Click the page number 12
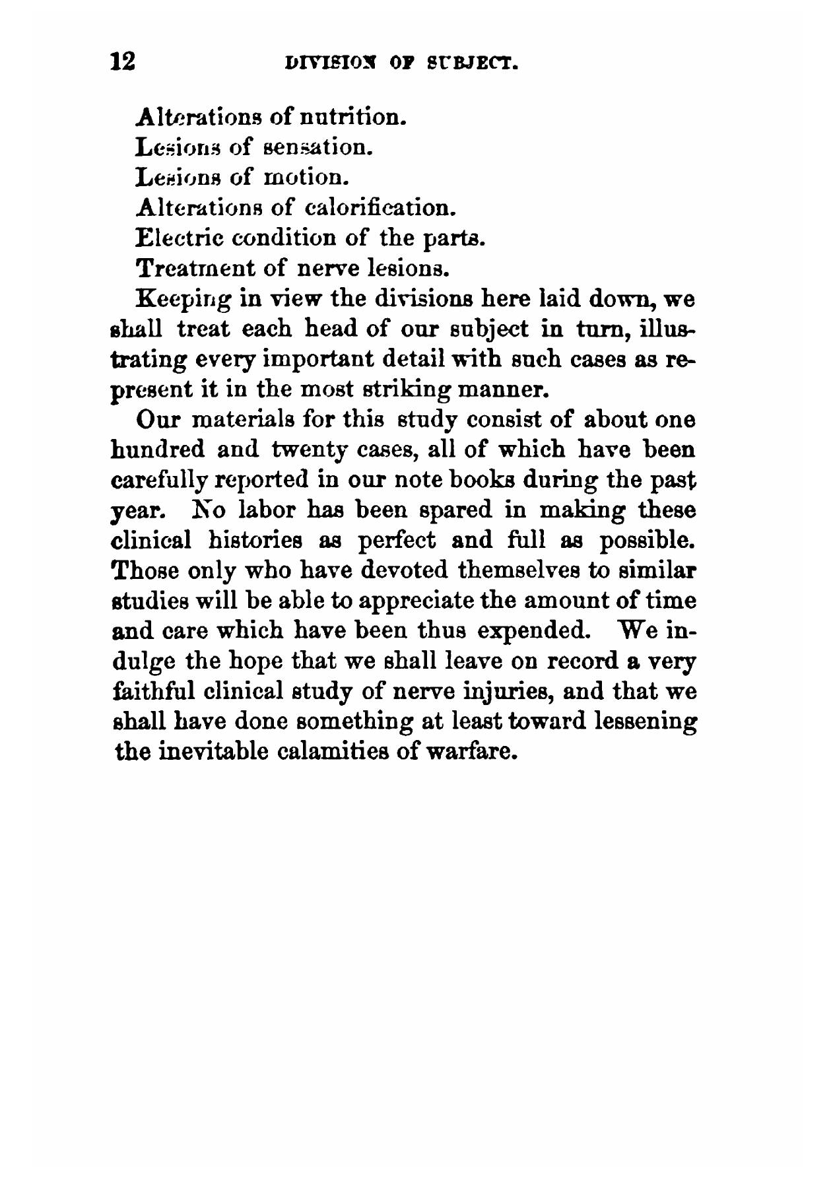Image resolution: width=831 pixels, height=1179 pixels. pos(123,61)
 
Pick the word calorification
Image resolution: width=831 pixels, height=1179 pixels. pos(382,208)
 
